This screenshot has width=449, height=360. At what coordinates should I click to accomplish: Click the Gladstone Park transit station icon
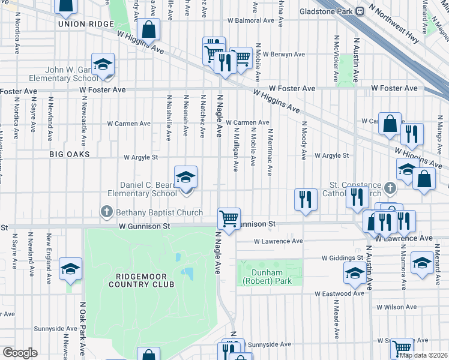[360, 11]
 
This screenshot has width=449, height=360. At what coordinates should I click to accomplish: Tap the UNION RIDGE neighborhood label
[86, 23]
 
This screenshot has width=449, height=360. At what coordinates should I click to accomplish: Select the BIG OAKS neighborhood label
[70, 154]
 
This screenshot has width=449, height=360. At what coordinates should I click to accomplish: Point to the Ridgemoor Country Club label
[141, 280]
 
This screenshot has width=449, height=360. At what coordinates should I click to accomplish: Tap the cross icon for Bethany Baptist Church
[107, 211]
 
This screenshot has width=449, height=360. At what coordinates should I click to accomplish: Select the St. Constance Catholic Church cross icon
[390, 188]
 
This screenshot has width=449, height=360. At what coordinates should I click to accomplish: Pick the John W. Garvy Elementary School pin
[103, 65]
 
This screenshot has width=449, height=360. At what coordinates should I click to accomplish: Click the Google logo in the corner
[20, 352]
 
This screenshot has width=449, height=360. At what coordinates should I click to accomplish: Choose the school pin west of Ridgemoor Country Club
[70, 269]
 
